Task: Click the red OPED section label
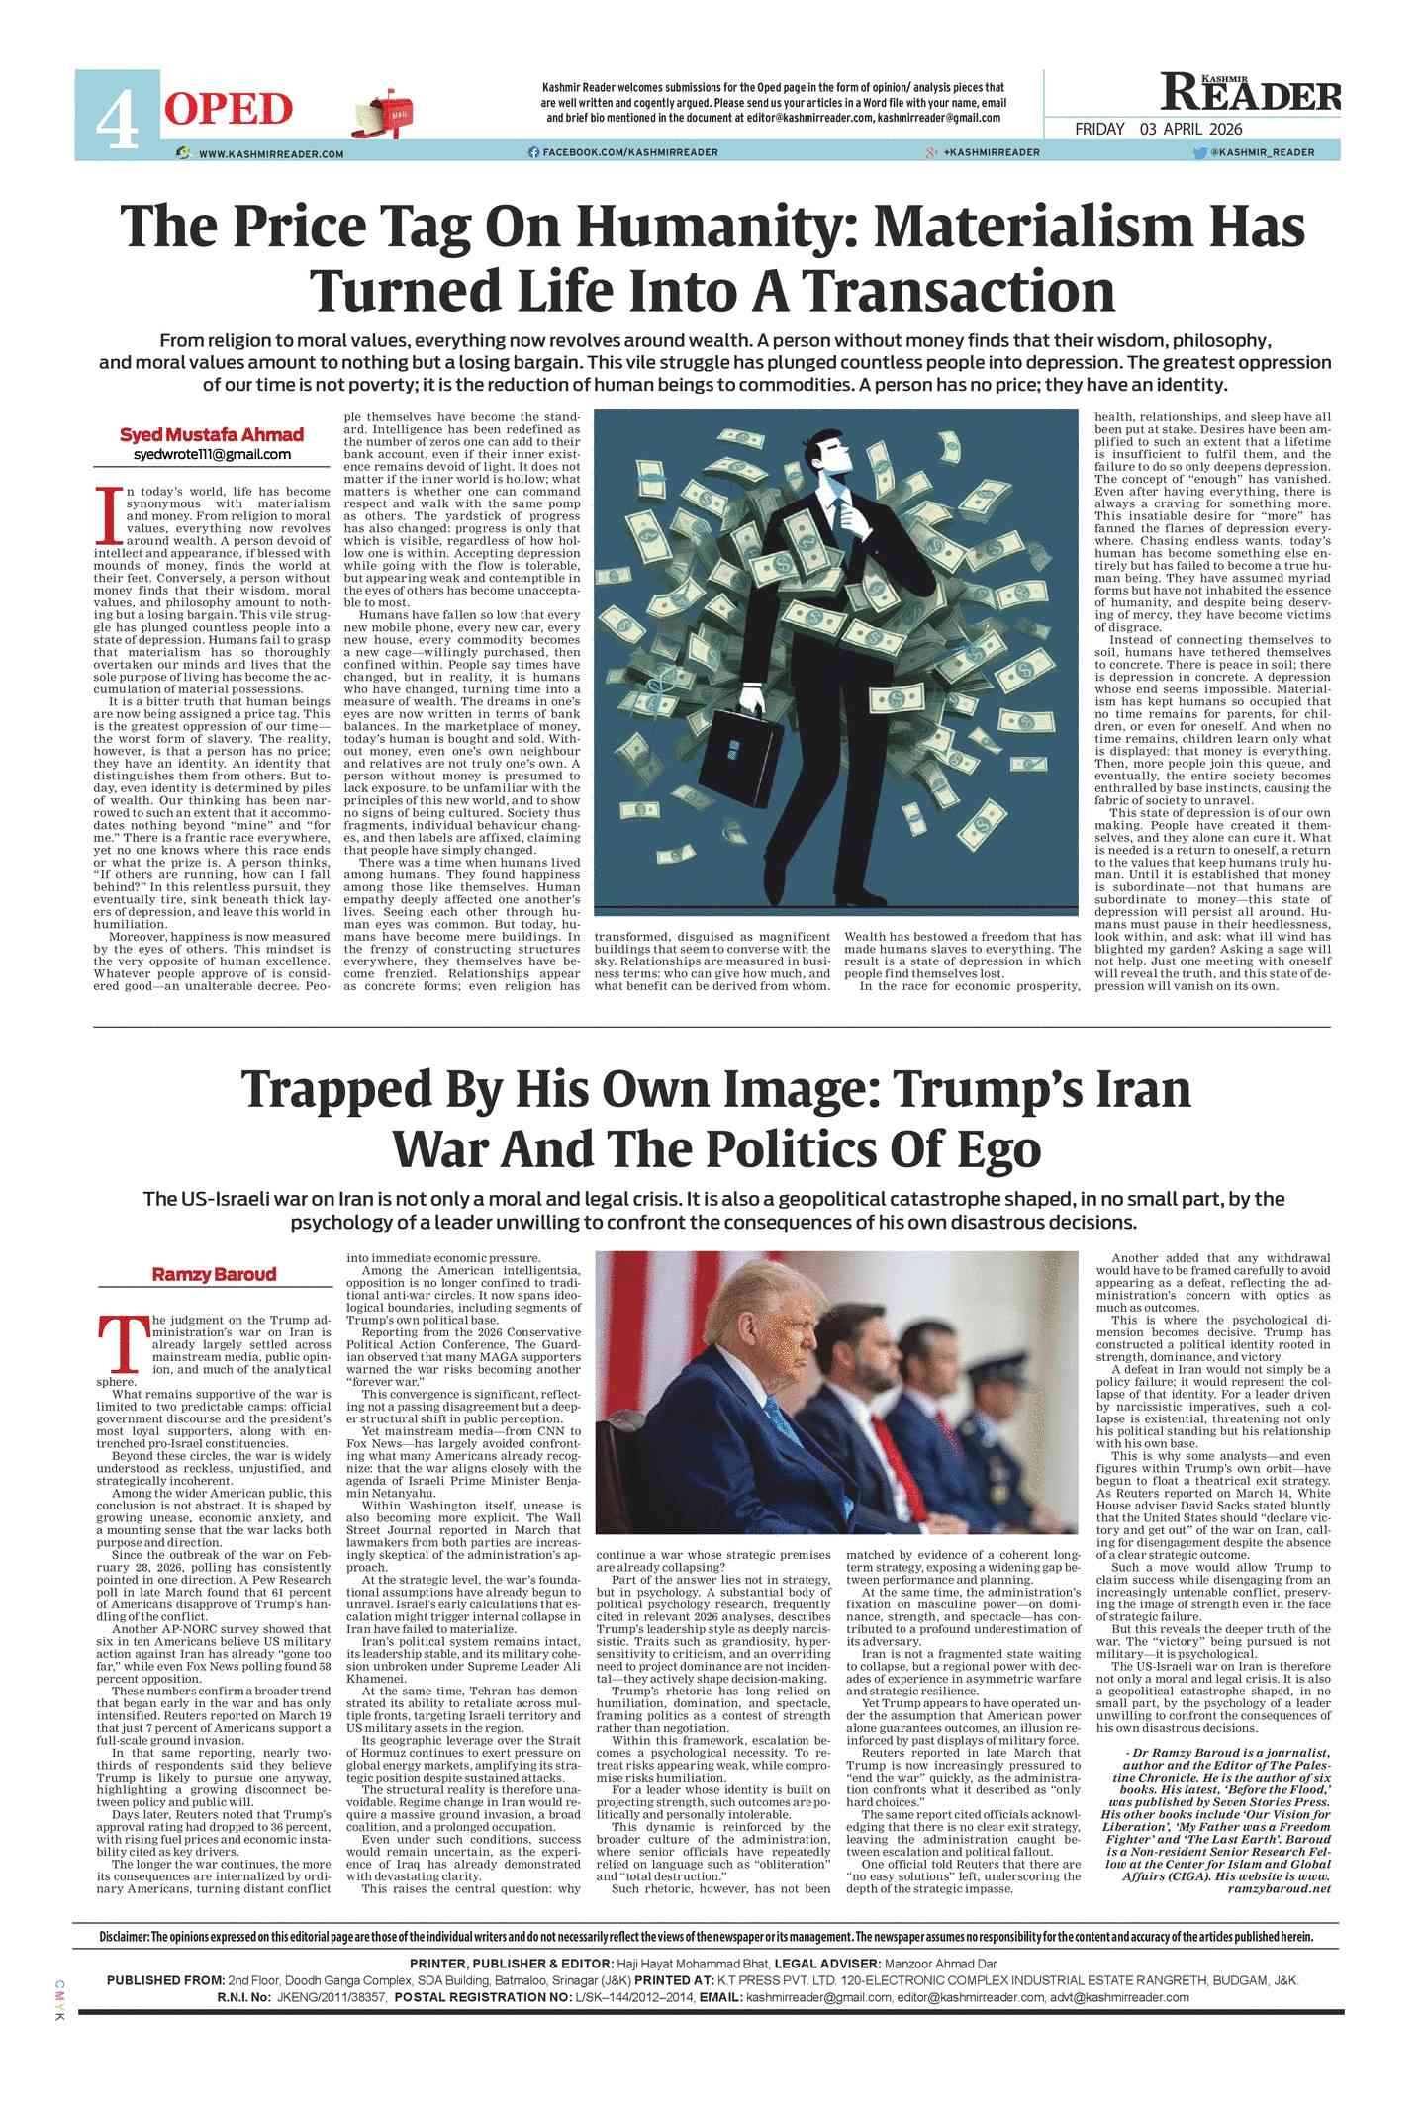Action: point(229,109)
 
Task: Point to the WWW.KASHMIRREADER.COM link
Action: point(270,154)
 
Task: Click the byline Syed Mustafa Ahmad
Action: point(212,435)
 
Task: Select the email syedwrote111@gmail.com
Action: point(212,454)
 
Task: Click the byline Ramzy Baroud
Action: point(214,1274)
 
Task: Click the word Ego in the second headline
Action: point(1002,1149)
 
